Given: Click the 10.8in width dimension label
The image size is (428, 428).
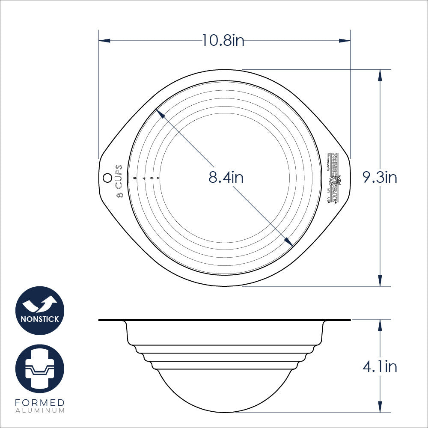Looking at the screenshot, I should point(223,40).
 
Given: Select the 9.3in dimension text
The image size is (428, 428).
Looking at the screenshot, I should point(380,177).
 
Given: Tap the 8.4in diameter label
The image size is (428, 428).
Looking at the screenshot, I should point(226,177).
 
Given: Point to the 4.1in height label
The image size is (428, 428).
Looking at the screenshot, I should point(380,367).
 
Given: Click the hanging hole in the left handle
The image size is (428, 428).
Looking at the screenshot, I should point(107,176).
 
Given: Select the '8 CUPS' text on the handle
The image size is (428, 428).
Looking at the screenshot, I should point(119,181).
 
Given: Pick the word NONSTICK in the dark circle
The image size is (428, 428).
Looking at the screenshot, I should point(40,319).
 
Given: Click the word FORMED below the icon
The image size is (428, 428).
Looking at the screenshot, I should point(40,403).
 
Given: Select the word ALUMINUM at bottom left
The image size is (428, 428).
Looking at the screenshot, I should point(40,410).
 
